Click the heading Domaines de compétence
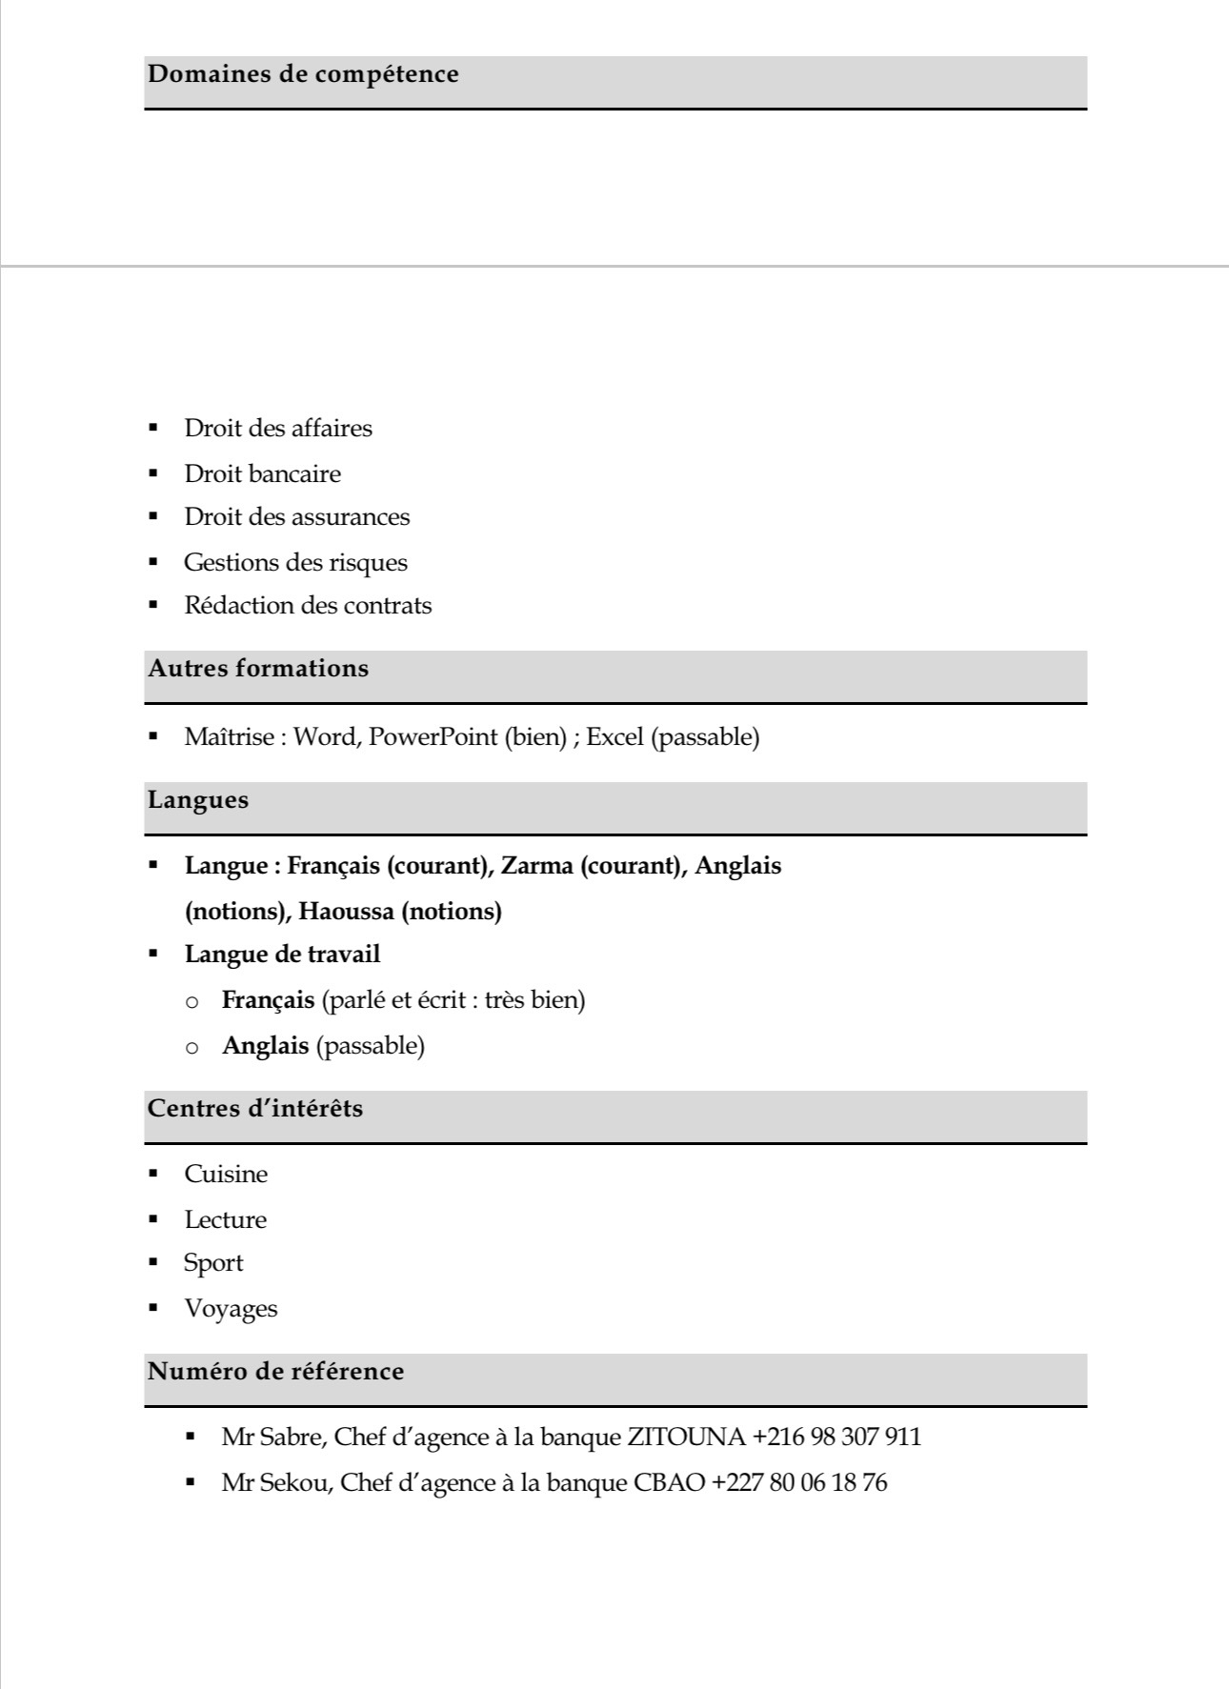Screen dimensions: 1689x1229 point(303,74)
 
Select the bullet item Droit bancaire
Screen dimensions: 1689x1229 point(262,473)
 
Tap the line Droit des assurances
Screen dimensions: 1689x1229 point(296,516)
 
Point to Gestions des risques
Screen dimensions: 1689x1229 point(295,562)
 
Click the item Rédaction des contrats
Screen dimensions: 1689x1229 point(308,605)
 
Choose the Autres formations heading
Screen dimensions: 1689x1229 point(258,668)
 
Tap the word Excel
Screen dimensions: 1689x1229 point(614,736)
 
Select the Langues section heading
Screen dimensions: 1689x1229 point(198,799)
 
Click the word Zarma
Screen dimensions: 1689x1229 point(537,866)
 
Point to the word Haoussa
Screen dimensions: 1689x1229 point(346,912)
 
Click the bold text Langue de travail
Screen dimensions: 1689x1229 point(282,954)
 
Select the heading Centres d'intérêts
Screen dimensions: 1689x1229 point(255,1108)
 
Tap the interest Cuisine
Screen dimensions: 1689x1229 point(226,1174)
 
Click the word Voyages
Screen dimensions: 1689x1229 point(231,1308)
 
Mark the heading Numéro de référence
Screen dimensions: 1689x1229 point(275,1371)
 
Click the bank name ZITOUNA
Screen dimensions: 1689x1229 point(686,1437)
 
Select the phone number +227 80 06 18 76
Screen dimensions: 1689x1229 point(799,1482)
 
